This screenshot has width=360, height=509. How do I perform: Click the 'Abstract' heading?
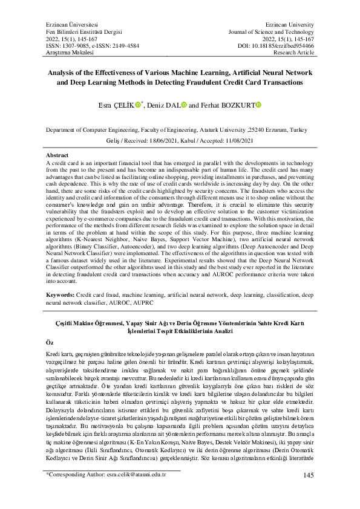57,155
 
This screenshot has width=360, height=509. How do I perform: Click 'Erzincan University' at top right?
289,22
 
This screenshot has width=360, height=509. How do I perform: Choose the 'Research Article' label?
293,53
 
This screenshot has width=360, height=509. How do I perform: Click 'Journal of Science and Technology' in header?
270,30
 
